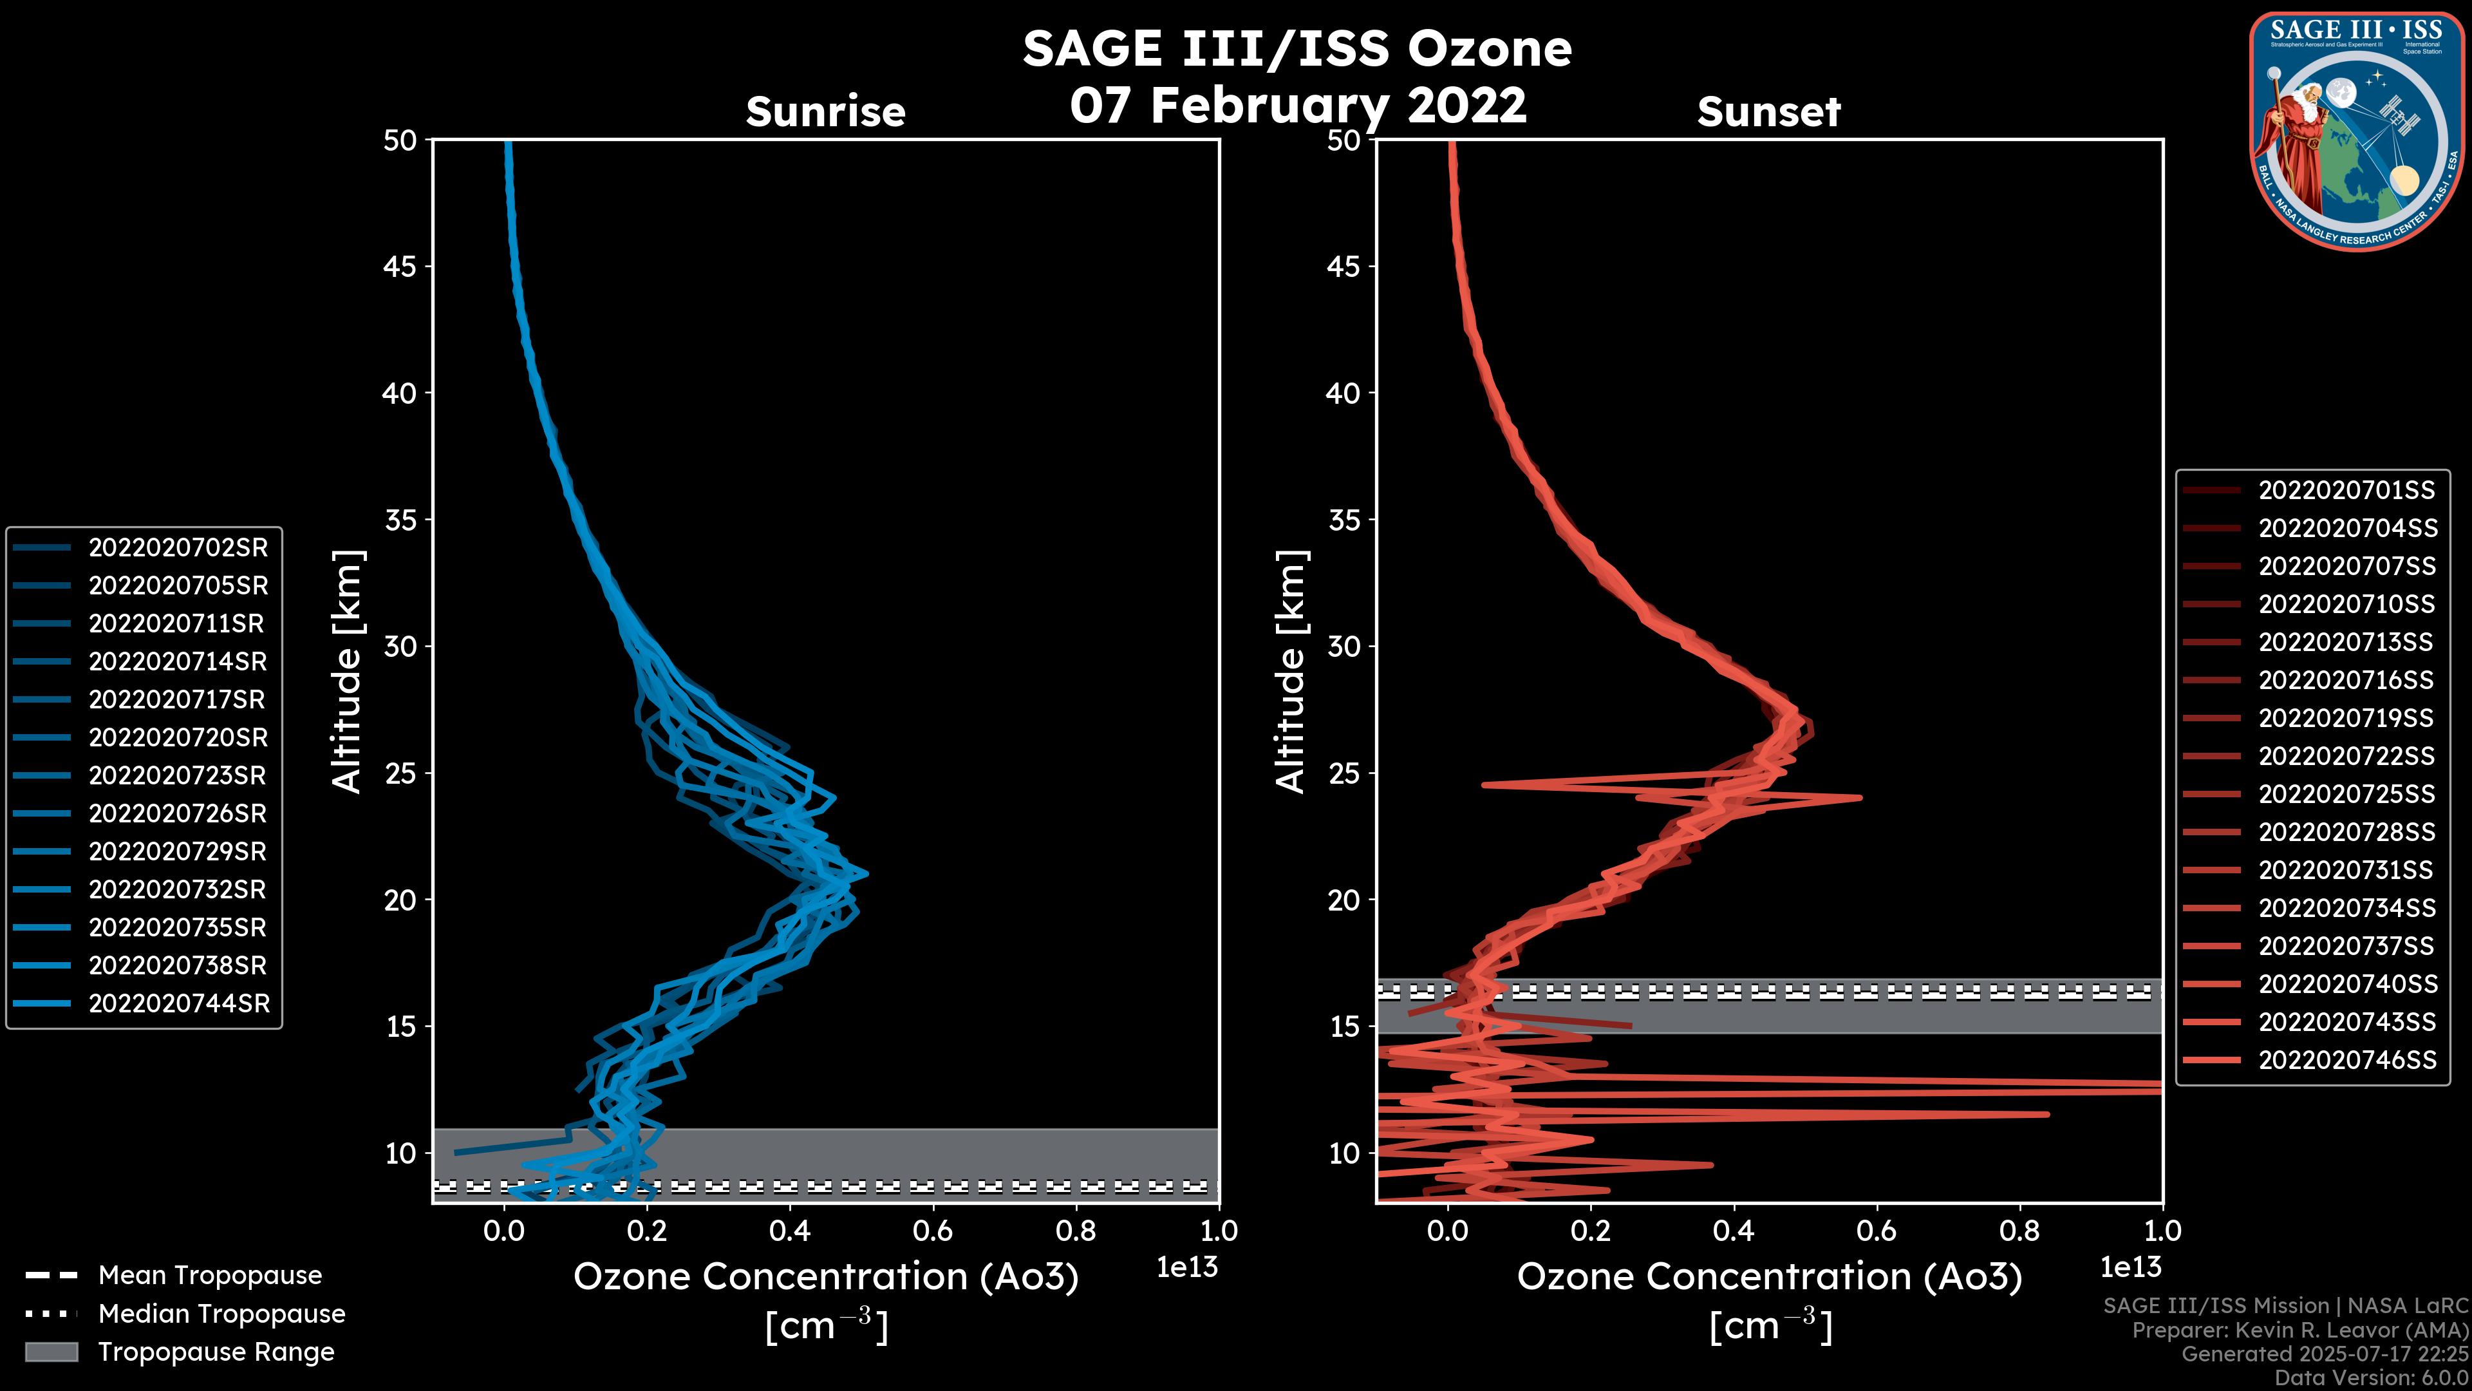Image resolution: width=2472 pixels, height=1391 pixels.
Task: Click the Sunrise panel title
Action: [x=825, y=111]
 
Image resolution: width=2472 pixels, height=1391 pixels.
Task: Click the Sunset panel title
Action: [x=1768, y=111]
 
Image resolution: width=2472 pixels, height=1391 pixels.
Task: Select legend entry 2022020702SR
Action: [x=178, y=547]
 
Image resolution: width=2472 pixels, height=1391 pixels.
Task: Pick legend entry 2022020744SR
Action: [x=178, y=1003]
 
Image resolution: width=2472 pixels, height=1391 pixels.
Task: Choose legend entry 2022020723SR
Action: [x=178, y=775]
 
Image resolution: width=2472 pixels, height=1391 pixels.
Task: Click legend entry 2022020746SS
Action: [x=2346, y=1060]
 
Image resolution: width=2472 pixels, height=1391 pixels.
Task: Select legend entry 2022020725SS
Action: [x=2346, y=794]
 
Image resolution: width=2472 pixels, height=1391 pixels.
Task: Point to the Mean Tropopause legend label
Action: [x=210, y=1275]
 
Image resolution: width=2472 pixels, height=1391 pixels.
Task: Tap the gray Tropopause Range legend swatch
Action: [x=51, y=1352]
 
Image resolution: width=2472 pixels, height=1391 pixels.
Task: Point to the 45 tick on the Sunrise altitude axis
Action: [x=400, y=266]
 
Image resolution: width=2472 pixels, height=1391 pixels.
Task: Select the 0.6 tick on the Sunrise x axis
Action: [x=933, y=1230]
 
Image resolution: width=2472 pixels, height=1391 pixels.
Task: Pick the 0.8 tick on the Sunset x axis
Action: [x=2020, y=1230]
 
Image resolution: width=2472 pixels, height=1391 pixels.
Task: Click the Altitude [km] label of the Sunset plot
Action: [x=1291, y=672]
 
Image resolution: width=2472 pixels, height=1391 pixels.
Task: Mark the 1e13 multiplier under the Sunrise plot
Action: [x=1187, y=1267]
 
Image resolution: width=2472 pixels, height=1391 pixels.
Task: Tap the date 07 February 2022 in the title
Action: [x=1297, y=104]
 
